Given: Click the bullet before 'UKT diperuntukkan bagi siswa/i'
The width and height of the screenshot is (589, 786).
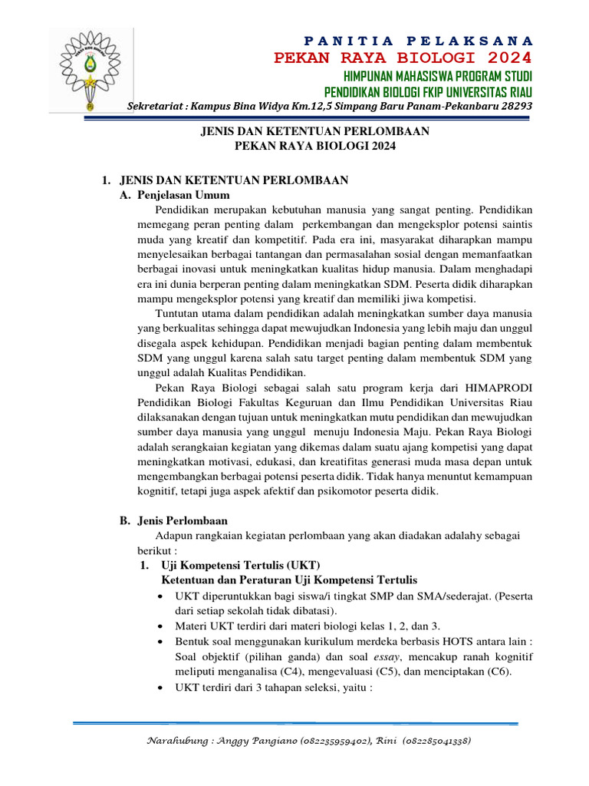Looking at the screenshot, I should [x=159, y=596].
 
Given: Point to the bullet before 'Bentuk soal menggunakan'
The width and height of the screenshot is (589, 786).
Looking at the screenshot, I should [x=159, y=641].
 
